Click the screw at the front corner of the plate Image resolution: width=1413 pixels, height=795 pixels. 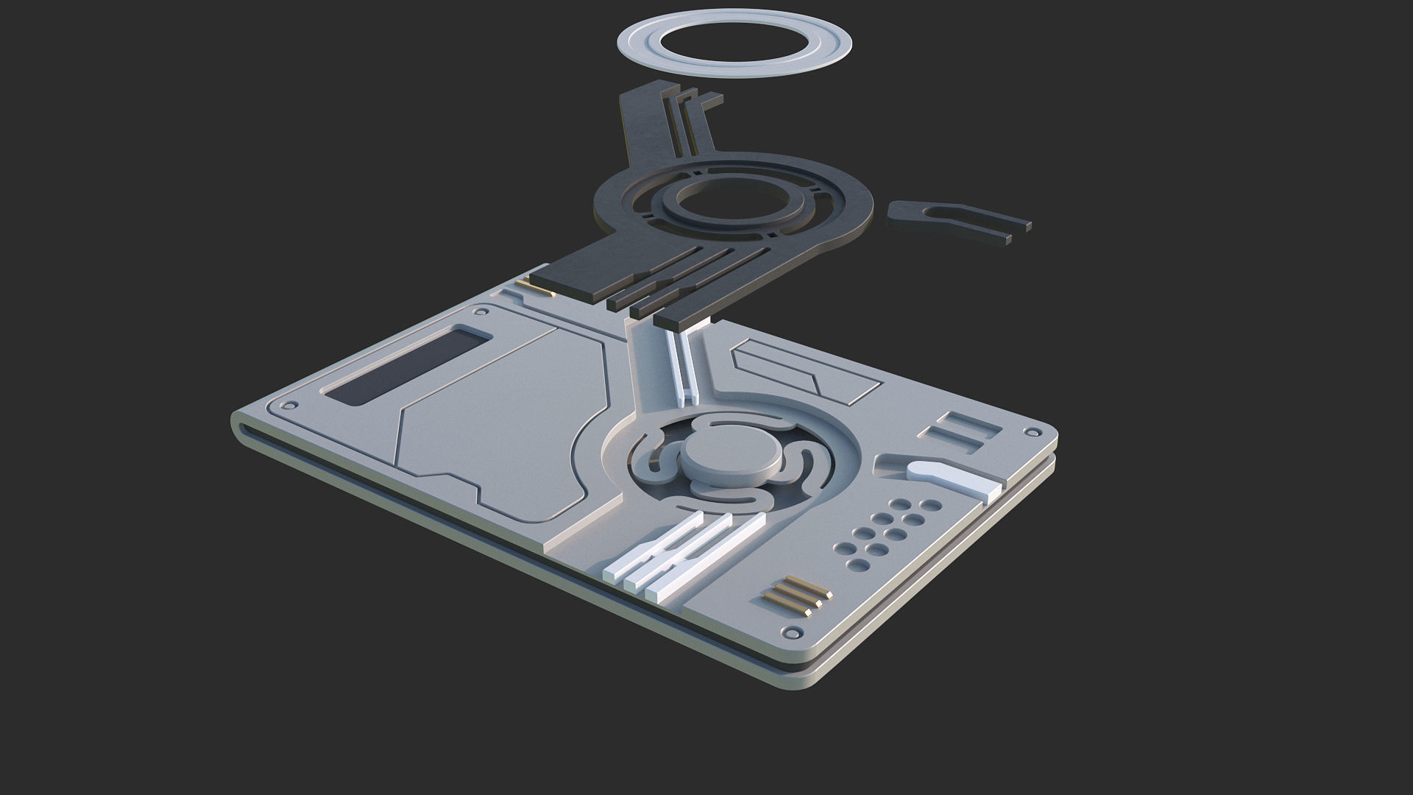(x=793, y=632)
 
